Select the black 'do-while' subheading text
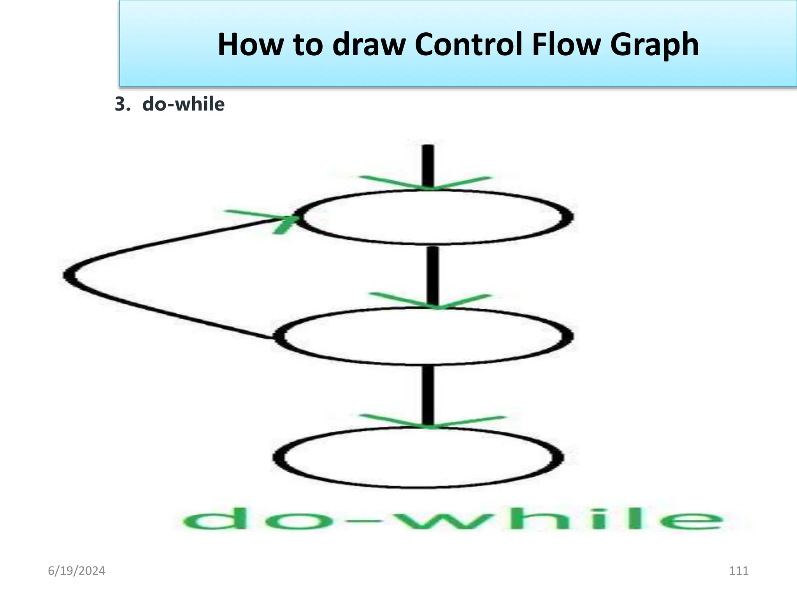coord(183,104)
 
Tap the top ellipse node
coord(434,217)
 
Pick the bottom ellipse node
coord(418,457)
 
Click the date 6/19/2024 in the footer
coord(76,571)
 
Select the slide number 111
coord(738,571)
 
